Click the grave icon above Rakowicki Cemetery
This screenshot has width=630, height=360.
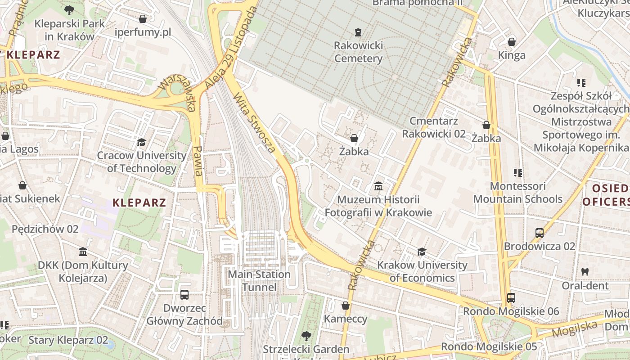358,32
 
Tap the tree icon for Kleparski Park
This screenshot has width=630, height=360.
69,10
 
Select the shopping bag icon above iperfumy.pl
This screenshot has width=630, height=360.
143,19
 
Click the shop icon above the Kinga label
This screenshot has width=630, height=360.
512,42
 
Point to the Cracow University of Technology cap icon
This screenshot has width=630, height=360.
142,142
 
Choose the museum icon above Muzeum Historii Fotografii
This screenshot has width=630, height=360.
378,186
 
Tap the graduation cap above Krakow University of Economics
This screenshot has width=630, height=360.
422,252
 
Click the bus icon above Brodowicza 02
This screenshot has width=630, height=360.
540,233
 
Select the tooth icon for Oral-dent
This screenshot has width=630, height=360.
585,272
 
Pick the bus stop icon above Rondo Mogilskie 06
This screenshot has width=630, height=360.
511,297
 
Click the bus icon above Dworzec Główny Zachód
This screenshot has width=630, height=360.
184,295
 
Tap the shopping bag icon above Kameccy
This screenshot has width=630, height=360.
346,306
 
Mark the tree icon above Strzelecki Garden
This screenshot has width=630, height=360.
306,336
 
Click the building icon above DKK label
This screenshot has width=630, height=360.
83,252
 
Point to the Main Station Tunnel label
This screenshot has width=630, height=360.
259,280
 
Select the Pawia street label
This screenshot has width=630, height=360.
198,160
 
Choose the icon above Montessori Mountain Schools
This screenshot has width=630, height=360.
517,172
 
